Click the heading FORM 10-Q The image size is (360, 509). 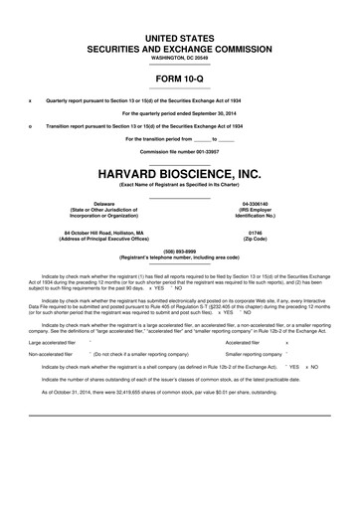180,78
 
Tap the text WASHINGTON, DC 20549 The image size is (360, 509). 180,57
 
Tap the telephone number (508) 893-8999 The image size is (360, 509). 180,251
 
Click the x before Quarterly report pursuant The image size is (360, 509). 30,100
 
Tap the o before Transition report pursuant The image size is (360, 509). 30,126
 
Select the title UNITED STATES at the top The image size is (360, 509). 180,36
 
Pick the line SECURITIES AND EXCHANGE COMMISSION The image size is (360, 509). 180,47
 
